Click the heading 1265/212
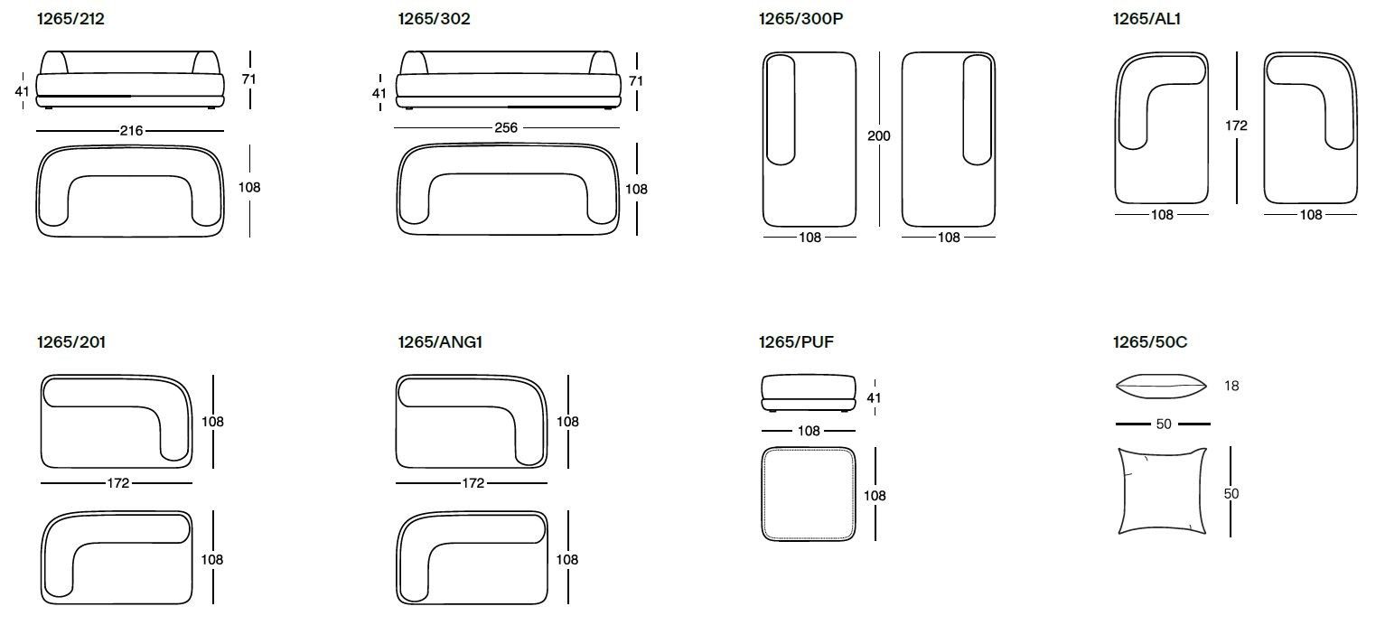pyautogui.click(x=70, y=18)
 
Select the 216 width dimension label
pyautogui.click(x=132, y=131)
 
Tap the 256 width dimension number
pyautogui.click(x=505, y=128)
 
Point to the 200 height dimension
pyautogui.click(x=878, y=136)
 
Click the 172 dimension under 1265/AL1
pyautogui.click(x=1236, y=126)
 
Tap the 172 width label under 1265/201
pyautogui.click(x=118, y=483)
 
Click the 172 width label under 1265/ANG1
pyautogui.click(x=473, y=483)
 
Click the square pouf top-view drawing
pyautogui.click(x=809, y=493)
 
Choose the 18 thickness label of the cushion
pyautogui.click(x=1231, y=387)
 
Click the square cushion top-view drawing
pyautogui.click(x=1163, y=490)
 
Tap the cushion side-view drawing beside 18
pyautogui.click(x=1162, y=387)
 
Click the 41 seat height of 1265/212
pyautogui.click(x=23, y=91)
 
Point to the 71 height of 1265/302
pyautogui.click(x=636, y=81)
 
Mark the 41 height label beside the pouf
pyautogui.click(x=874, y=397)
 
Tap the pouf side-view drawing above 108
pyautogui.click(x=808, y=390)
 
